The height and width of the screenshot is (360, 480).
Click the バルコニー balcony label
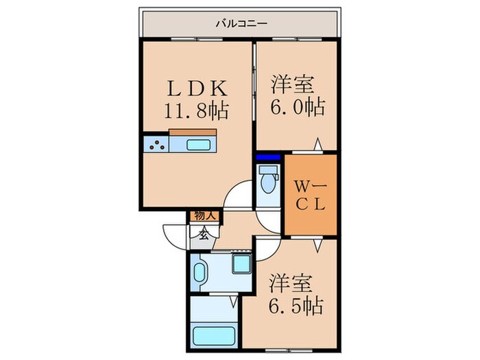point(240,24)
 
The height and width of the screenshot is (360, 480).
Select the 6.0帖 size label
point(296,108)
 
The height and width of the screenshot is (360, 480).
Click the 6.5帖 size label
point(296,303)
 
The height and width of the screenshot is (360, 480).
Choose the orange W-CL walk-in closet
point(311,195)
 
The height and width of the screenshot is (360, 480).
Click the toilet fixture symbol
point(267,184)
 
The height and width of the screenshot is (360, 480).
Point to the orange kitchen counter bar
point(193,132)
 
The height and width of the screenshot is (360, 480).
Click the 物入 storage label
point(205,216)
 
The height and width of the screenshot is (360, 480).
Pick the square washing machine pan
point(242,265)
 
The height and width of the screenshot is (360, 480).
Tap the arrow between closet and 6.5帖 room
point(317,243)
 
